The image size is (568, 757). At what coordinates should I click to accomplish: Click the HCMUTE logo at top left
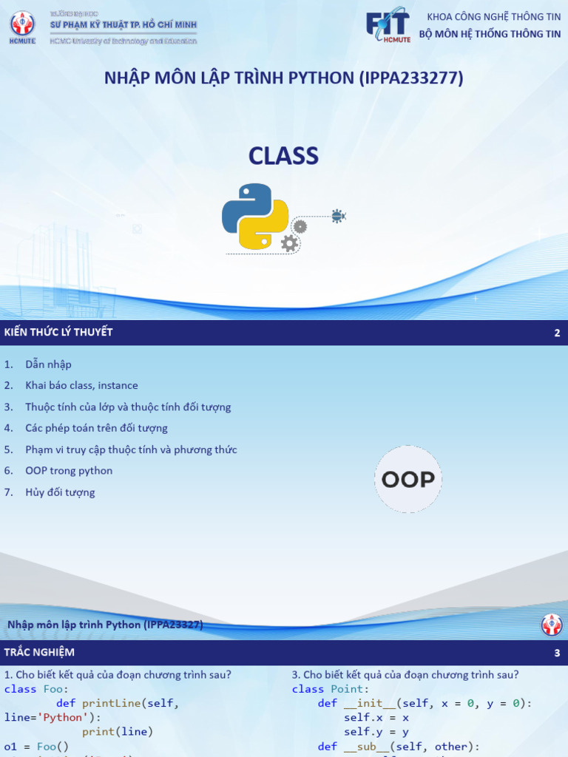[x=21, y=27]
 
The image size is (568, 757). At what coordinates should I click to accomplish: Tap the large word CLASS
[x=283, y=156]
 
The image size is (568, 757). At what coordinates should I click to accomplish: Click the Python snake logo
[x=255, y=216]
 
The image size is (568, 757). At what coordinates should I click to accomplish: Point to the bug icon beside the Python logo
[x=338, y=216]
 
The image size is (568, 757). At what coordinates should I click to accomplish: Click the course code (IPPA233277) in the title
[x=411, y=78]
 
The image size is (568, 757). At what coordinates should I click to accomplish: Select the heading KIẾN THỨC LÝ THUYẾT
[x=58, y=333]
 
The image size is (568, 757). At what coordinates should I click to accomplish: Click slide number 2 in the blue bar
[x=557, y=333]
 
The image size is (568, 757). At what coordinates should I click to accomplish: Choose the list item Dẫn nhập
[x=48, y=364]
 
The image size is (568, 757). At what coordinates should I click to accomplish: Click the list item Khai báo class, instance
[x=81, y=385]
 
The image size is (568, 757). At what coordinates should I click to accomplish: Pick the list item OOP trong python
[x=69, y=470]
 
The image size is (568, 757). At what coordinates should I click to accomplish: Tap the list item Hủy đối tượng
[x=60, y=492]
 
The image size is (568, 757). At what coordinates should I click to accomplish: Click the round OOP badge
[x=408, y=480]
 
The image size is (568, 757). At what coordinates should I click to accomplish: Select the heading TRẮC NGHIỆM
[x=39, y=652]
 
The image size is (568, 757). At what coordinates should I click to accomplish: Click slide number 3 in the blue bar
[x=557, y=653]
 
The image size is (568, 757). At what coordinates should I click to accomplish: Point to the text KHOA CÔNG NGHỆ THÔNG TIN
[x=494, y=17]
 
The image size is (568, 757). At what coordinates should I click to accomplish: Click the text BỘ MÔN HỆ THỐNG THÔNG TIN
[x=490, y=34]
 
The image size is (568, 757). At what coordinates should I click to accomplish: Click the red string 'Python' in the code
[x=62, y=717]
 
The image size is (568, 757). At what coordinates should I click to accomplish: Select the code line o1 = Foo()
[x=36, y=746]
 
